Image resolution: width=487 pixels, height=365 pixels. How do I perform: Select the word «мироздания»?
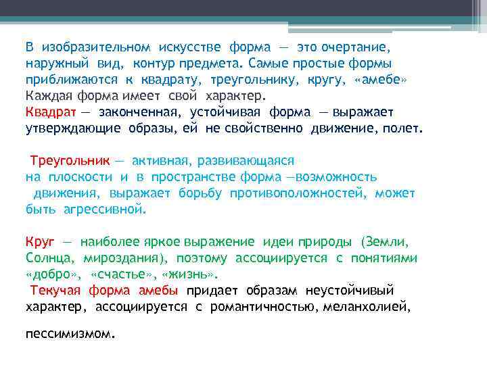coord(125,258)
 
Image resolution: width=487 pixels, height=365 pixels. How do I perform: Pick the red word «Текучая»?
coord(56,291)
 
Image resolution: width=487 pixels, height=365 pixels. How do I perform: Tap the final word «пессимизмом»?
coord(70,333)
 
